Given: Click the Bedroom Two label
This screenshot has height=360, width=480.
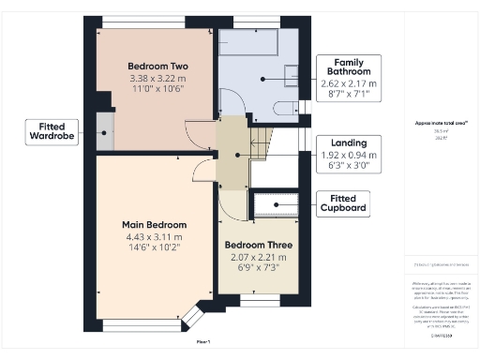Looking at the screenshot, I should (158, 67).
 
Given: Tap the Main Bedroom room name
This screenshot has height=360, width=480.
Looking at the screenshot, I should (154, 225).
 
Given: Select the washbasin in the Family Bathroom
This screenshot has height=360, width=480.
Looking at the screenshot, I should (292, 73).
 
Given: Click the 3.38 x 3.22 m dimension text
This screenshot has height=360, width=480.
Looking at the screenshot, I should (158, 79).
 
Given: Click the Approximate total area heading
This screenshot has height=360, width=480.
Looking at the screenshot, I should (441, 123).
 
